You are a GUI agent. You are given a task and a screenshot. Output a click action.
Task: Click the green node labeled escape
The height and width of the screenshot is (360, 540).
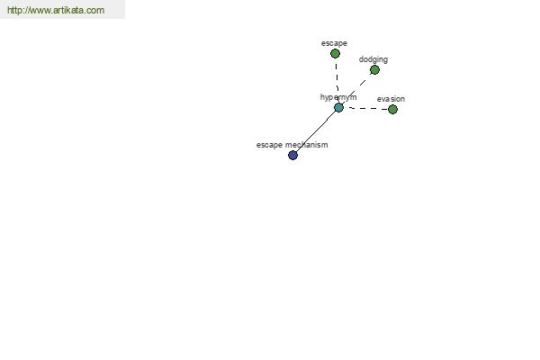335,54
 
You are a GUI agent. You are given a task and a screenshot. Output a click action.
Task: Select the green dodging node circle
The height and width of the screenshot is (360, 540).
374,70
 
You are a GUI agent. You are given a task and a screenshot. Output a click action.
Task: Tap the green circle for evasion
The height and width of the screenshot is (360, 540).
392,110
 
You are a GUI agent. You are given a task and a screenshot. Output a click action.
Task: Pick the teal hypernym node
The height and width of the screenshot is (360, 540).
339,108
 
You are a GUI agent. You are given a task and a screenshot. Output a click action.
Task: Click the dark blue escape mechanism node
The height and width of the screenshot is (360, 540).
292,156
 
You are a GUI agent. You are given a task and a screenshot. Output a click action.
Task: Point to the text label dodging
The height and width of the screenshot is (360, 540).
373,59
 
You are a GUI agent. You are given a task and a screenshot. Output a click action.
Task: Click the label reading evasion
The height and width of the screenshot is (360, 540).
391,99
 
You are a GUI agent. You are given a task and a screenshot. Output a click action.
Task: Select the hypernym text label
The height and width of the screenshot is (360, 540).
338,97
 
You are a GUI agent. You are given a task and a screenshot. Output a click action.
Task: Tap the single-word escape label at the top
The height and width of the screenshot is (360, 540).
334,43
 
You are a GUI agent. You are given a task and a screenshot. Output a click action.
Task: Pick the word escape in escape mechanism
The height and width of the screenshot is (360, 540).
269,145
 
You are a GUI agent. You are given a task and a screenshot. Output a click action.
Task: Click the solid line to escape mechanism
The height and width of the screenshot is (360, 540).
316,131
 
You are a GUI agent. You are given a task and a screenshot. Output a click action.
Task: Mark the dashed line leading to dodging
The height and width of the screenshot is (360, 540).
356,89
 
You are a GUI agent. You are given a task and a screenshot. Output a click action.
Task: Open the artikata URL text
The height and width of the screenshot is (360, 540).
56,10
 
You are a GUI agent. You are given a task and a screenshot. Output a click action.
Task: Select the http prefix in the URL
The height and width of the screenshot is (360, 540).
13,10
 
